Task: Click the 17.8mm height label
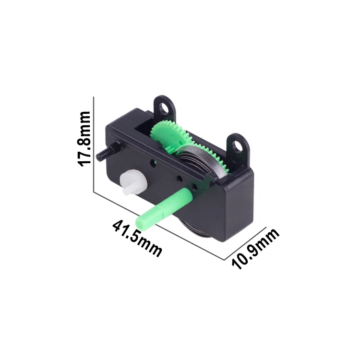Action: (x=84, y=139)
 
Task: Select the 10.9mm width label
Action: (x=255, y=249)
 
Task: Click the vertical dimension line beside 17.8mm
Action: (x=94, y=144)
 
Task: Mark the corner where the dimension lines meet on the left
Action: (x=94, y=192)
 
